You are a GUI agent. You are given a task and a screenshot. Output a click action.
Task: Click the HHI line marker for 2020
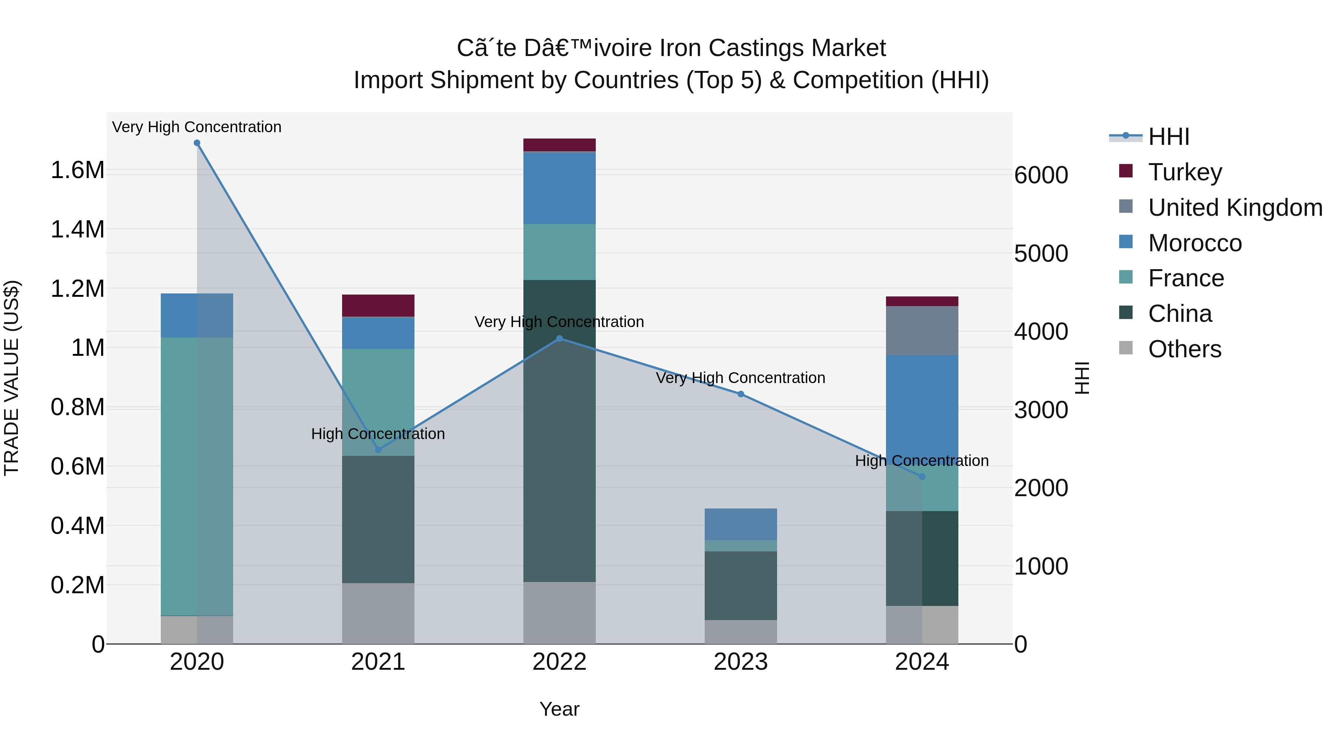click(x=197, y=143)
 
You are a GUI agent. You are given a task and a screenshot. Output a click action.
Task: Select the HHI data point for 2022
click(x=560, y=339)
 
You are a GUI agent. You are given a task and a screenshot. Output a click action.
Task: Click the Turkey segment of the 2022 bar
click(x=560, y=144)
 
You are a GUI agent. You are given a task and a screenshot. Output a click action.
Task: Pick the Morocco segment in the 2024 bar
click(x=922, y=407)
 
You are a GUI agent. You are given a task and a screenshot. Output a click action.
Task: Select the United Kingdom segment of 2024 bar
click(x=922, y=330)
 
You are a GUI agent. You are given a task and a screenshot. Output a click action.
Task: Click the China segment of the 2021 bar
click(x=378, y=519)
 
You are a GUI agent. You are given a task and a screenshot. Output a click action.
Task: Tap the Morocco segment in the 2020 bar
click(x=197, y=315)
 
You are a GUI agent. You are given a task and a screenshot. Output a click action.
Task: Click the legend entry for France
click(x=1186, y=278)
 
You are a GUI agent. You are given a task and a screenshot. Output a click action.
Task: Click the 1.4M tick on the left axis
click(x=77, y=230)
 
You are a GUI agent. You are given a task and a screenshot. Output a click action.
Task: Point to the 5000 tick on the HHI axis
click(x=1040, y=253)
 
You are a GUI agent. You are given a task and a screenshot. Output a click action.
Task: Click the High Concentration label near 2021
click(x=378, y=433)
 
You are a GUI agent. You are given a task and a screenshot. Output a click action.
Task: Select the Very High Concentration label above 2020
click(x=197, y=127)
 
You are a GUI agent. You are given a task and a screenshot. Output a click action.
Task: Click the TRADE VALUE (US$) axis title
click(x=12, y=378)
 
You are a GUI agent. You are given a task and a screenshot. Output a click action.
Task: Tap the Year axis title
click(x=560, y=709)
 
